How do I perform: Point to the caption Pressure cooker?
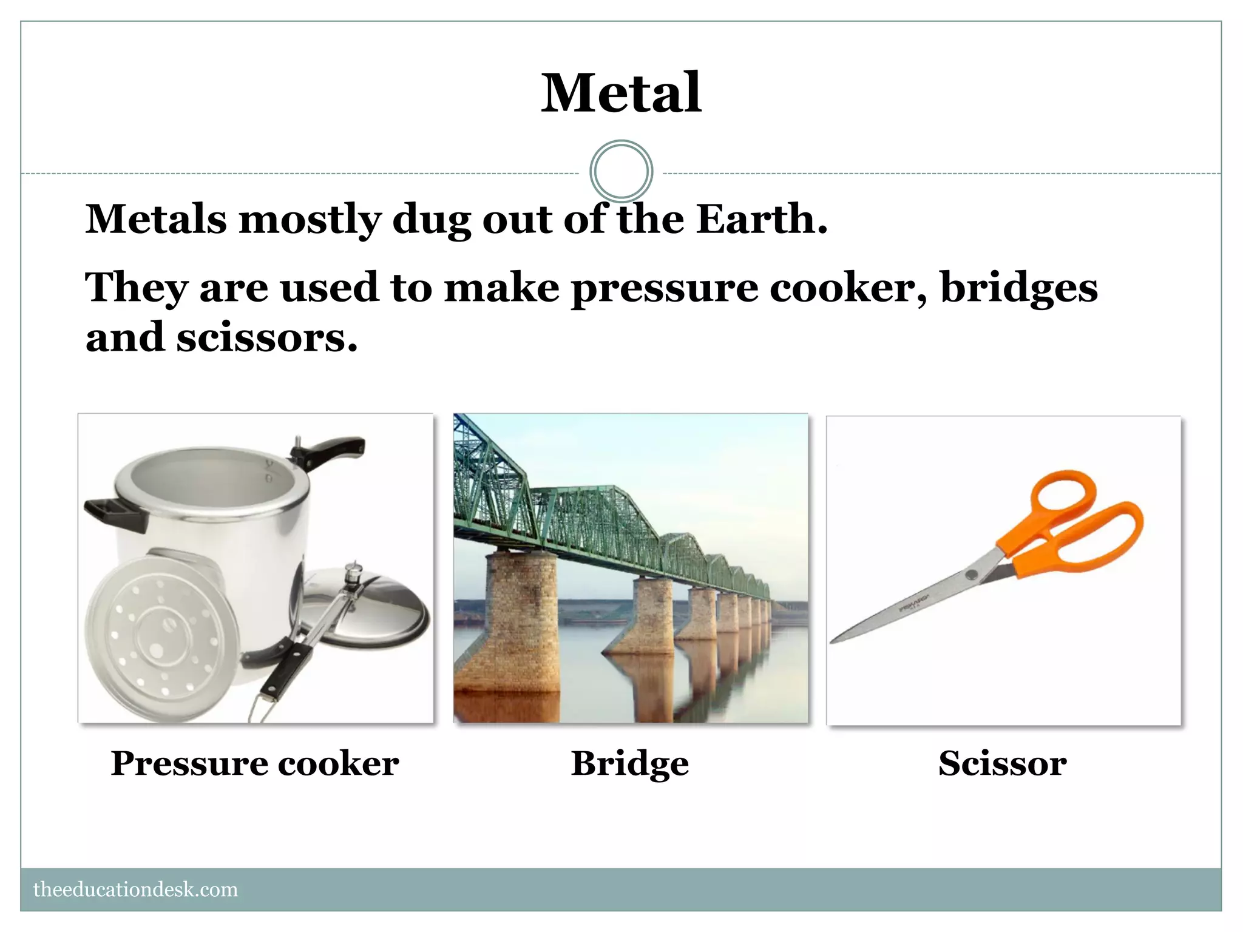coord(255,763)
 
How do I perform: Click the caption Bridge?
coord(630,763)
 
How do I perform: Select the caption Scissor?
coord(1002,763)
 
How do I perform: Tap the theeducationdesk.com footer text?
coord(135,890)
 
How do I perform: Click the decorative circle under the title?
coord(621,172)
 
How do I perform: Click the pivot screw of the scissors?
coord(972,575)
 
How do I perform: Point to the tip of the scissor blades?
coord(833,641)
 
